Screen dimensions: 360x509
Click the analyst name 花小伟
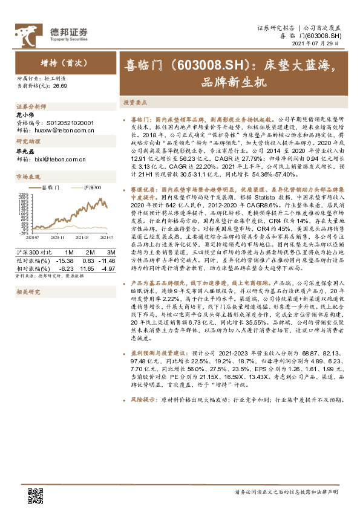[x=25, y=115]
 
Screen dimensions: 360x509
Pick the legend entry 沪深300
[x=90, y=189]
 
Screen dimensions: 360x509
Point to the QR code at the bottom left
[x=35, y=496]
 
